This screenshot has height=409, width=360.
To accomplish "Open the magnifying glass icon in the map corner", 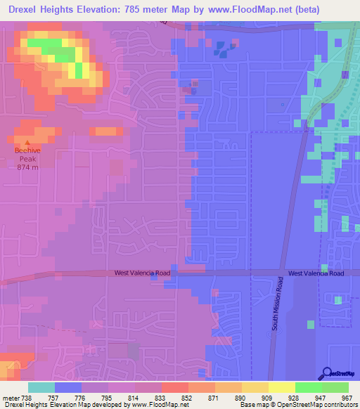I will click(x=327, y=373).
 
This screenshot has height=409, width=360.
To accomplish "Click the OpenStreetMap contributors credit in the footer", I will click(x=323, y=405).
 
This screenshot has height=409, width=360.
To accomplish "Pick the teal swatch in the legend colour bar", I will click(x=41, y=387).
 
